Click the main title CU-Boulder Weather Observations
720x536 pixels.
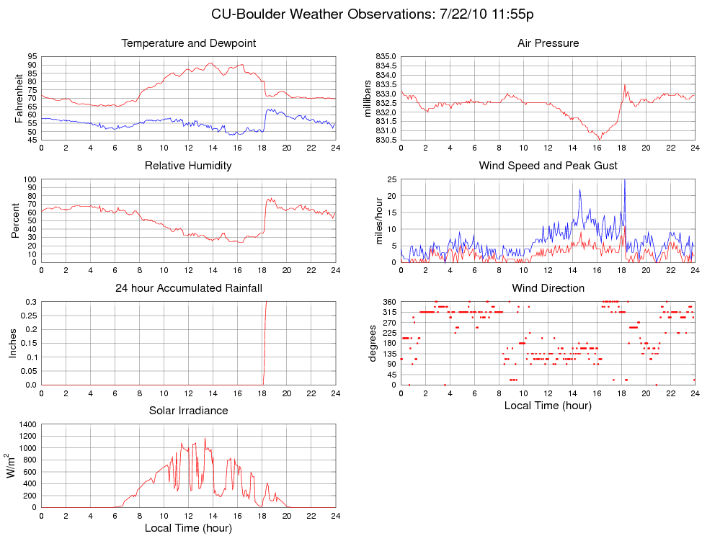(373, 14)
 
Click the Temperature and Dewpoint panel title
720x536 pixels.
(189, 43)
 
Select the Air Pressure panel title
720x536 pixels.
(548, 43)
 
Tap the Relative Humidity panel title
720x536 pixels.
(188, 166)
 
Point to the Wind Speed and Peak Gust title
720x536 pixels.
(548, 166)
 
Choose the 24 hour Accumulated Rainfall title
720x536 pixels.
(189, 288)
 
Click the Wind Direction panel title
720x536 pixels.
(548, 288)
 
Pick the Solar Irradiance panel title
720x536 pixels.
(189, 411)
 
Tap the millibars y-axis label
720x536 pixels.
(368, 98)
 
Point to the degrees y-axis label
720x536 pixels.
(373, 343)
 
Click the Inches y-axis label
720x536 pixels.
(12, 343)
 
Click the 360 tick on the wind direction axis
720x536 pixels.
(388, 301)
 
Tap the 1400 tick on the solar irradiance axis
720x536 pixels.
(27, 424)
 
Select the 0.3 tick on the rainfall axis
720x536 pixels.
(30, 301)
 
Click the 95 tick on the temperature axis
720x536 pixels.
(32, 56)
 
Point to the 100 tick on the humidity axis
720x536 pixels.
(30, 179)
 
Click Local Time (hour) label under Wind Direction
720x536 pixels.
(548, 405)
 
